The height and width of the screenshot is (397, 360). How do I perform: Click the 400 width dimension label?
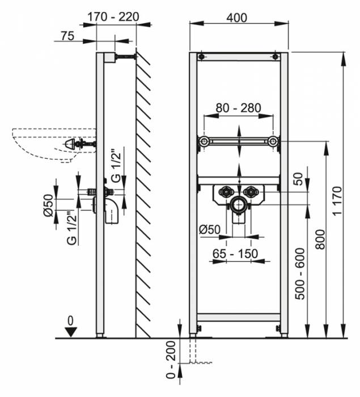tap(237, 18)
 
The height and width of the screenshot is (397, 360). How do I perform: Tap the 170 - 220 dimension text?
tap(113, 17)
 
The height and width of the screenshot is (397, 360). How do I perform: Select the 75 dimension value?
tap(67, 36)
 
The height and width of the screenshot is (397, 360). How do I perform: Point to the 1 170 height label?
tap(337, 201)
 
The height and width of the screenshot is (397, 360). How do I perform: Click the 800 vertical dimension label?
tap(320, 239)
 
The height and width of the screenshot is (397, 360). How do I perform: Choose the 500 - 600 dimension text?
tap(300, 274)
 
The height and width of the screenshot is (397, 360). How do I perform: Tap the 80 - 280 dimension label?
tap(238, 108)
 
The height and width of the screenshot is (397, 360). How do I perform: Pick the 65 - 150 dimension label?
tap(235, 254)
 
